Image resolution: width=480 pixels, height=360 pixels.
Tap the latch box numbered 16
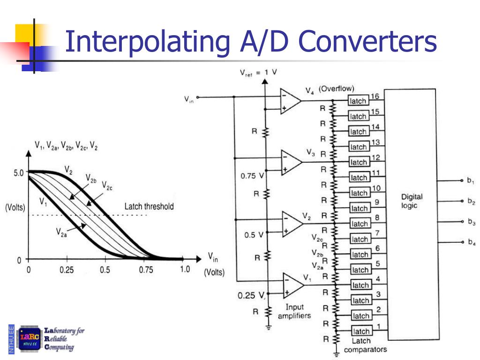point(359,101)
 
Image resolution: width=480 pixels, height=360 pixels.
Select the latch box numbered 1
point(361,331)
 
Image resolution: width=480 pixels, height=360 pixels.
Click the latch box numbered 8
point(360,224)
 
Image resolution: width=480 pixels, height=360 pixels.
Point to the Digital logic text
point(412,201)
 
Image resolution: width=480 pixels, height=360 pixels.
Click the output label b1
point(471,181)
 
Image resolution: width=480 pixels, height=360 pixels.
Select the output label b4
point(471,242)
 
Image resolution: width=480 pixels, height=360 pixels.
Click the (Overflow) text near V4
point(336,89)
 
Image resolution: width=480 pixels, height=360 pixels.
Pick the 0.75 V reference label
point(253,177)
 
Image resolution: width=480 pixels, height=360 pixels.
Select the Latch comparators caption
point(365,345)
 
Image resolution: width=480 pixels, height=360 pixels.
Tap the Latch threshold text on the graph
point(149,206)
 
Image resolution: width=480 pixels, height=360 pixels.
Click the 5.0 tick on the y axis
point(18,172)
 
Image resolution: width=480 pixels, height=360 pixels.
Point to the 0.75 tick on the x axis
point(146,270)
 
